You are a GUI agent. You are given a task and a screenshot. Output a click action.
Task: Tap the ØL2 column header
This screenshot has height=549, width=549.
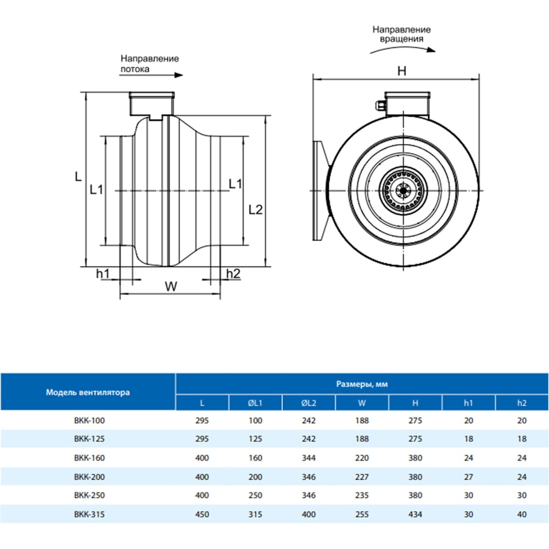(x=309, y=403)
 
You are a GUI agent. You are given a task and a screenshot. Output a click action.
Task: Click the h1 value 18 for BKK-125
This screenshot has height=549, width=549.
(x=468, y=439)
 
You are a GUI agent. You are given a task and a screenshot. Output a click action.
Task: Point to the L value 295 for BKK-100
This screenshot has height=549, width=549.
(x=202, y=421)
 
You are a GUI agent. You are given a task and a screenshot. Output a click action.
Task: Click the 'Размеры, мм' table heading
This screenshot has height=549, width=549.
(x=361, y=385)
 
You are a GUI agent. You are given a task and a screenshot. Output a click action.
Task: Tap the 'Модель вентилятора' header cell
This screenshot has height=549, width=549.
(x=88, y=393)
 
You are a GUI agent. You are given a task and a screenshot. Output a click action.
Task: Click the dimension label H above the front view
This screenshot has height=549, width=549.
(x=402, y=70)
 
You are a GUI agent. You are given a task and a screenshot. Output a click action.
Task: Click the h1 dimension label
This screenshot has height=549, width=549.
(x=103, y=273)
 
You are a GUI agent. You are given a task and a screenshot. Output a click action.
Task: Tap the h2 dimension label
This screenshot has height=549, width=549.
(x=233, y=273)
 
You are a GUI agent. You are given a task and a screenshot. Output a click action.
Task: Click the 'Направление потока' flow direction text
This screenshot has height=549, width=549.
(x=149, y=64)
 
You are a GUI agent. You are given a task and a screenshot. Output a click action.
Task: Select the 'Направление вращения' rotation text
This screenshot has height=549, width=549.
(x=401, y=34)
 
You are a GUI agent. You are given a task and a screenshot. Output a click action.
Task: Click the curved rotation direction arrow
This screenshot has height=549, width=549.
(x=402, y=48)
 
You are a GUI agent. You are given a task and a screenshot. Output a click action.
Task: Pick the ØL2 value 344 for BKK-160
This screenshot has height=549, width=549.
(x=309, y=457)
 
